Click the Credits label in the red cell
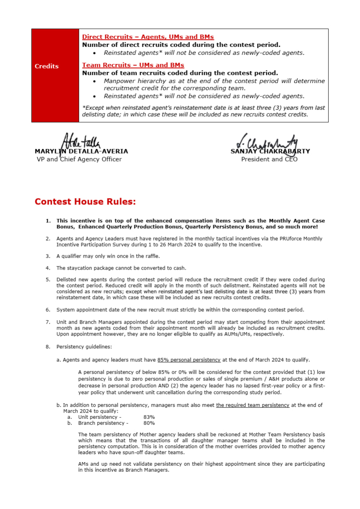coord(47,66)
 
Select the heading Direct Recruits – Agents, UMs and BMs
coord(148,37)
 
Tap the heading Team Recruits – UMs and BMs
coord(133,65)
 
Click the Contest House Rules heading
coord(85,202)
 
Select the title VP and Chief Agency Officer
coord(79,159)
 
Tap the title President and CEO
coord(269,159)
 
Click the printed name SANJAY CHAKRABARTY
coord(270,152)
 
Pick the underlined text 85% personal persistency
coord(189,360)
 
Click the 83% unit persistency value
coord(149,417)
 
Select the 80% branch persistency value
coord(149,423)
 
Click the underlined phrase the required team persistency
coord(253,405)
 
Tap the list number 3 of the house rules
coord(48,256)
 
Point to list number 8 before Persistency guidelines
coord(48,347)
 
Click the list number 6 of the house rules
coord(48,310)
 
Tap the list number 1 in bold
coord(48,221)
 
